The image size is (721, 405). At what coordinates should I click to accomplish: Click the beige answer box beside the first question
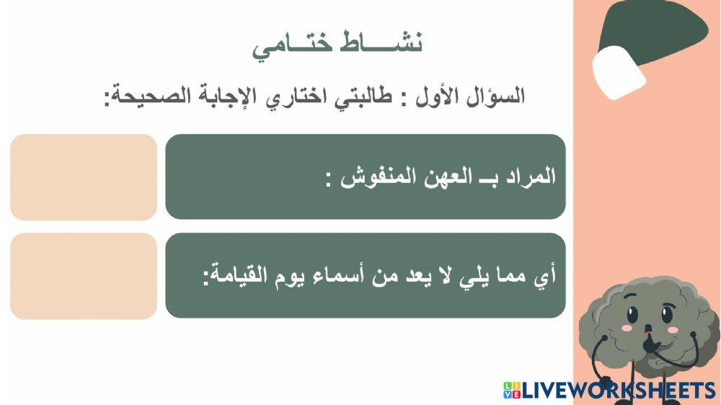84,177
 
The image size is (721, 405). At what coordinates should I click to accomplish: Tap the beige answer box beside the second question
84,275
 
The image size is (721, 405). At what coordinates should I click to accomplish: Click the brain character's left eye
632,316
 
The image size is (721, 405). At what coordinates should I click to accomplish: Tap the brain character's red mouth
648,333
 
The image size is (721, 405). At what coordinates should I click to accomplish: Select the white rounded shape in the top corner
618,71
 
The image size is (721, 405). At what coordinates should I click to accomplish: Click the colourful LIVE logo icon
511,390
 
